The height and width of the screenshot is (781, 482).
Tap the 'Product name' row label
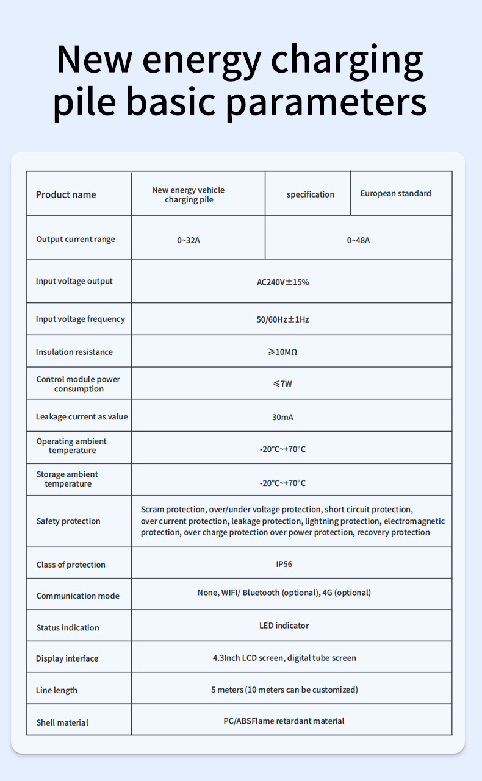[66, 194]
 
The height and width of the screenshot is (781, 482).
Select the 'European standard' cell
[395, 193]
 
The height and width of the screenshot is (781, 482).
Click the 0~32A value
[189, 240]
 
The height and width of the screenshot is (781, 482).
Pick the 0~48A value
[358, 240]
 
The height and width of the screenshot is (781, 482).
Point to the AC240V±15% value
[283, 282]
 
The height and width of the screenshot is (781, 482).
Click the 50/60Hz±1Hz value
[282, 319]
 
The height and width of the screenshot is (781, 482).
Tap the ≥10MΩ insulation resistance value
[282, 352]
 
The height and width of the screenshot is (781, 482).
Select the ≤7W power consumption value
[282, 384]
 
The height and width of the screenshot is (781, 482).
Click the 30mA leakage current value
[282, 417]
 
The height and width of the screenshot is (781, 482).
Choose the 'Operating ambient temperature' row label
[71, 446]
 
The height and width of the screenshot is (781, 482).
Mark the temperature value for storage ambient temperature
[282, 483]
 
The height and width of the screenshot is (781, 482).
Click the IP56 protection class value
[284, 564]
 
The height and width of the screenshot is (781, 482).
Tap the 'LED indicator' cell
[284, 626]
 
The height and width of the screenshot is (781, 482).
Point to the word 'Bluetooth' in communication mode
[261, 593]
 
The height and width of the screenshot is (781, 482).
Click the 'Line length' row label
[57, 690]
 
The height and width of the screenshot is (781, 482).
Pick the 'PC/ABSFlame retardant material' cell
[284, 721]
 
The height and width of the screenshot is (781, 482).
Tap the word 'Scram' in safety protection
[152, 509]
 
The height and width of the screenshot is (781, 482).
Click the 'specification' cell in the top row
[311, 194]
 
